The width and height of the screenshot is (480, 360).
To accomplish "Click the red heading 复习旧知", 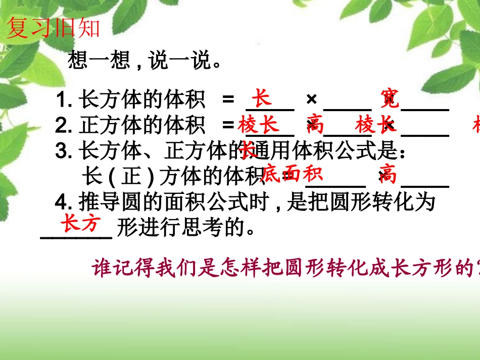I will (x=53, y=29).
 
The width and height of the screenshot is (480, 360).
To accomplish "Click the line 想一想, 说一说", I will (x=145, y=62).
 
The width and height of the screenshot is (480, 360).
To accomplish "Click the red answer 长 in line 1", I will (x=262, y=98).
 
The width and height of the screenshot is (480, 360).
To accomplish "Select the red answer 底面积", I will (x=292, y=174).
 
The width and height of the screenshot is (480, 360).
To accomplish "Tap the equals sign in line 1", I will (x=228, y=100).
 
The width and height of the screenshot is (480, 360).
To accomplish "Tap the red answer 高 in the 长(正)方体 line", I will (x=388, y=175).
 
